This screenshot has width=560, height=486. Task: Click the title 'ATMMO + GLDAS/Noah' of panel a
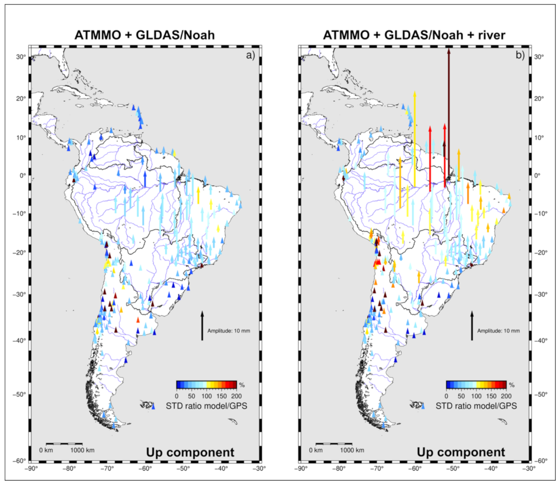click(x=144, y=35)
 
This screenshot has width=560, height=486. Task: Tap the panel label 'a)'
click(x=250, y=55)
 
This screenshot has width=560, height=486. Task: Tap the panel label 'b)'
click(x=520, y=55)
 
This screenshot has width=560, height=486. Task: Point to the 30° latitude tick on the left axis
click(x=21, y=57)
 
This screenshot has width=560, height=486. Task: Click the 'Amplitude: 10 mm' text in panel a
click(x=228, y=331)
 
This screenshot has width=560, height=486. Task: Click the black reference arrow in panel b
click(x=472, y=326)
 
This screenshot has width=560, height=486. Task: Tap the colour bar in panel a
click(x=206, y=385)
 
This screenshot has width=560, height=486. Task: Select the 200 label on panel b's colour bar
click(x=506, y=396)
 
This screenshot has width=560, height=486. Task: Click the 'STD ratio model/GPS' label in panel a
click(x=206, y=406)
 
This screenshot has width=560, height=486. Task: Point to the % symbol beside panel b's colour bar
click(x=512, y=385)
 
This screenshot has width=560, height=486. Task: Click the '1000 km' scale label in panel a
click(x=82, y=450)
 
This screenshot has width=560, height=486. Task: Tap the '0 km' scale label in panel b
click(x=316, y=450)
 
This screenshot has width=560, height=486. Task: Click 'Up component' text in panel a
click(x=190, y=452)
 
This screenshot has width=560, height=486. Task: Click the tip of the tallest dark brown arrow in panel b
click(x=449, y=49)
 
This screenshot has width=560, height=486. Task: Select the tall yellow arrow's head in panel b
click(x=414, y=94)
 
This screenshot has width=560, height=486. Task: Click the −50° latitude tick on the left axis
click(x=21, y=394)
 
